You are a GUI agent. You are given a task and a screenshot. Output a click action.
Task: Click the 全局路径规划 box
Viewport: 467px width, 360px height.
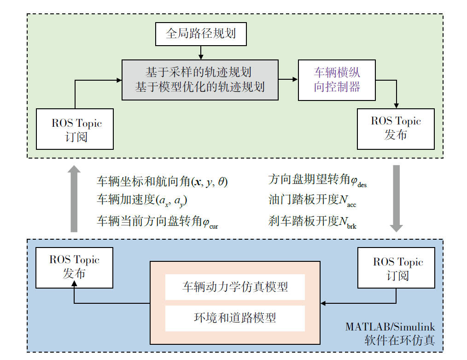[x=201, y=34]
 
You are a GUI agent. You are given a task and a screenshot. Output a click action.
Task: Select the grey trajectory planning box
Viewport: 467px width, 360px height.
[x=200, y=80]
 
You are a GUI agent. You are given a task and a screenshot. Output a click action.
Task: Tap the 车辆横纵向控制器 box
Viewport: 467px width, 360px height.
[x=337, y=80]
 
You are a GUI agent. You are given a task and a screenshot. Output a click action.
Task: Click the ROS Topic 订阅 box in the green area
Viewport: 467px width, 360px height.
[x=75, y=129]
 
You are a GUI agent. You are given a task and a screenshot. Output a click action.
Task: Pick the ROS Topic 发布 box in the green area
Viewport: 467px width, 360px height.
[x=396, y=129]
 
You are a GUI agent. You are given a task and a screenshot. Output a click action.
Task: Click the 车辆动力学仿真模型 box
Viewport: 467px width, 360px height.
[x=235, y=287]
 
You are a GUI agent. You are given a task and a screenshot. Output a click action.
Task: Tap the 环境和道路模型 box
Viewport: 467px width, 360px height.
[x=235, y=318]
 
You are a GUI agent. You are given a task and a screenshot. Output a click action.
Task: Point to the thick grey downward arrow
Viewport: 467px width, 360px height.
[x=396, y=198]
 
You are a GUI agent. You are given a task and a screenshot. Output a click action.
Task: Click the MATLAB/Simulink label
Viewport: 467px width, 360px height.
[x=390, y=327]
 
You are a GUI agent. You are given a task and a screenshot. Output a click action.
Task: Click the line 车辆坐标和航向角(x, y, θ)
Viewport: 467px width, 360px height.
[x=162, y=181]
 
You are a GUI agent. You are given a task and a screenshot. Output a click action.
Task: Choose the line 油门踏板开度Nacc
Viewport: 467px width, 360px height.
[x=312, y=200]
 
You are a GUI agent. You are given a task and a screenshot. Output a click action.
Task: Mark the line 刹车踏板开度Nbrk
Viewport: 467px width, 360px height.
[x=312, y=222]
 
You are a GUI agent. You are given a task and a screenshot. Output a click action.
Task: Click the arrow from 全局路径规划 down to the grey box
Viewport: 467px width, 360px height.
[x=201, y=53]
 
